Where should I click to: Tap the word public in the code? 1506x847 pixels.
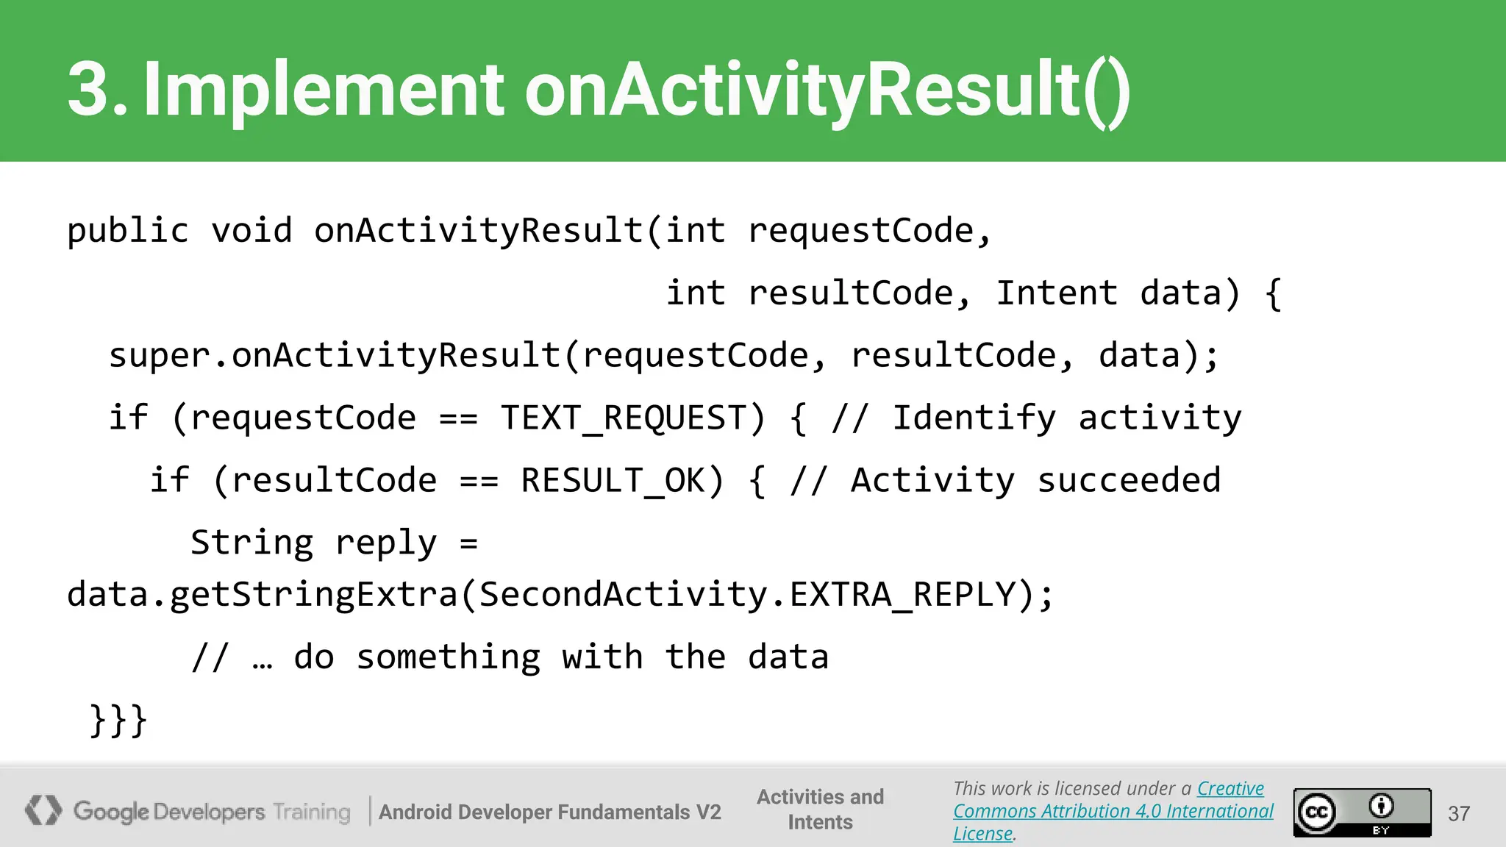[x=128, y=231]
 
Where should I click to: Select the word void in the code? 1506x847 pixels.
[x=251, y=231]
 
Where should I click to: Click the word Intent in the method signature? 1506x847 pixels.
[x=1056, y=293]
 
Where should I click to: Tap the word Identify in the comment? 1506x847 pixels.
[x=974, y=418]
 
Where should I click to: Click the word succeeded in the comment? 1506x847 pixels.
[x=1129, y=481]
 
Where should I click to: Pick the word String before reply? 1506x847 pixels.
[x=251, y=543]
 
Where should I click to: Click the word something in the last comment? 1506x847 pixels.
[x=448, y=657]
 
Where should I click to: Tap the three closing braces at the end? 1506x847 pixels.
[x=118, y=720]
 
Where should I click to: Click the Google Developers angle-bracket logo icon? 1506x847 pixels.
[x=43, y=810]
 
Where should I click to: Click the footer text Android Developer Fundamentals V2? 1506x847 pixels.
[x=549, y=812]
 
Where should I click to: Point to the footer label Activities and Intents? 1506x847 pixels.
[x=820, y=810]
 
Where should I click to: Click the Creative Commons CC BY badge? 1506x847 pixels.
[x=1362, y=812]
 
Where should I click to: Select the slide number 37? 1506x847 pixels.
[x=1458, y=813]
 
